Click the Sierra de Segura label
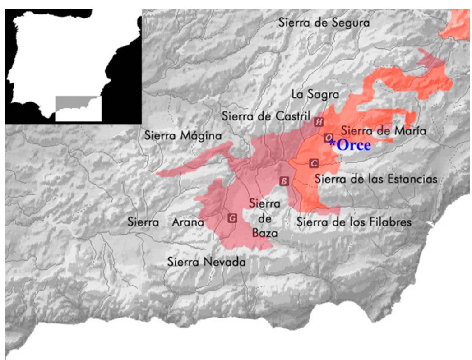coord(324,22)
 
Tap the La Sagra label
coord(315,95)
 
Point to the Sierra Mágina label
coord(183,135)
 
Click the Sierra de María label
coord(383,131)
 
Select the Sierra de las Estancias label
coord(376,179)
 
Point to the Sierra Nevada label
coord(206,262)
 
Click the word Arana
coord(189,222)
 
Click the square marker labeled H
coord(319,121)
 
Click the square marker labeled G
coord(232,218)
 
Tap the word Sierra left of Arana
coord(143,222)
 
